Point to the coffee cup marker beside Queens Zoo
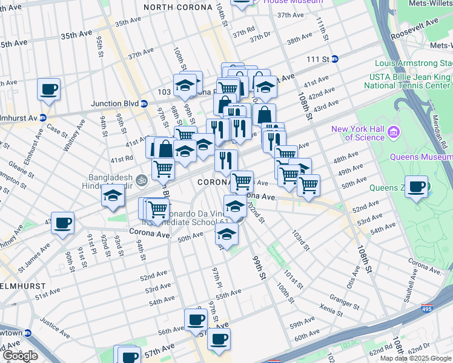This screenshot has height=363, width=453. pyautogui.click(x=416, y=187)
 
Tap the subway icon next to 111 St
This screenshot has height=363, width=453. pyautogui.click(x=334, y=59)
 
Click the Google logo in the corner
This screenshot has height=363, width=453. pyautogui.click(x=20, y=356)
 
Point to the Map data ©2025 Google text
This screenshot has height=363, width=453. pyautogui.click(x=415, y=358)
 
